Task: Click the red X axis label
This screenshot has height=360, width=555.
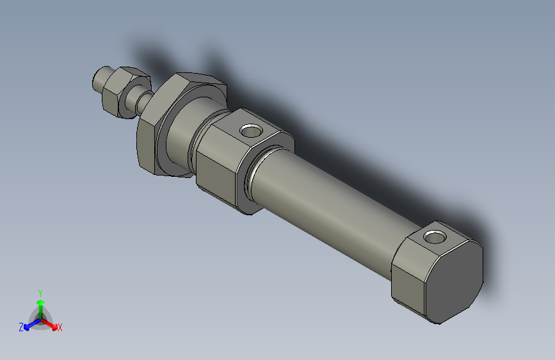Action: coord(60,328)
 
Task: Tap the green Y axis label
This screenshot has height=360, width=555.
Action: coord(40,292)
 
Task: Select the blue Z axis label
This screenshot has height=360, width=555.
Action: coord(21,327)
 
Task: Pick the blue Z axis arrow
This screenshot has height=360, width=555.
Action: coord(29,324)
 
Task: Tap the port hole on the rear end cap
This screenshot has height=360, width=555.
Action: coord(435,237)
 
